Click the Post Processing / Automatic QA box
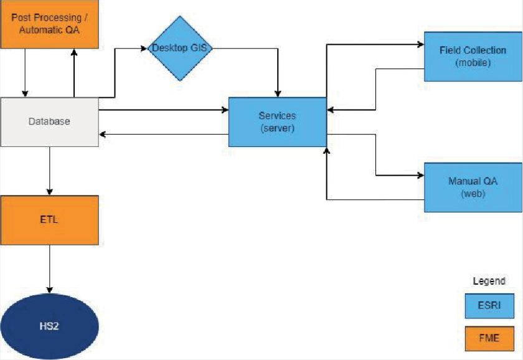(49, 24)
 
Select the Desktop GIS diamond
(180, 48)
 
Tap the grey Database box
(49, 121)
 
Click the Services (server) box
(277, 121)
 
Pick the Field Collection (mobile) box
(473, 56)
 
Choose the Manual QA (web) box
(473, 187)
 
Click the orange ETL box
(49, 219)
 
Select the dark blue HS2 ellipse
(49, 325)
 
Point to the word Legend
(489, 281)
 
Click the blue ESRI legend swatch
(489, 306)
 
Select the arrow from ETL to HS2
(49, 268)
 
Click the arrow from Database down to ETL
(49, 170)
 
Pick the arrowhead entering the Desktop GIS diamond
(144, 48)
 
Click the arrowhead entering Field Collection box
(420, 45)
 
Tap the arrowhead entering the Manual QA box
(420, 176)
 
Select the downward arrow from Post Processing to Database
(25, 72)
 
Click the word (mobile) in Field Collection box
(473, 62)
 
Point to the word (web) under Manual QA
(473, 193)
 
